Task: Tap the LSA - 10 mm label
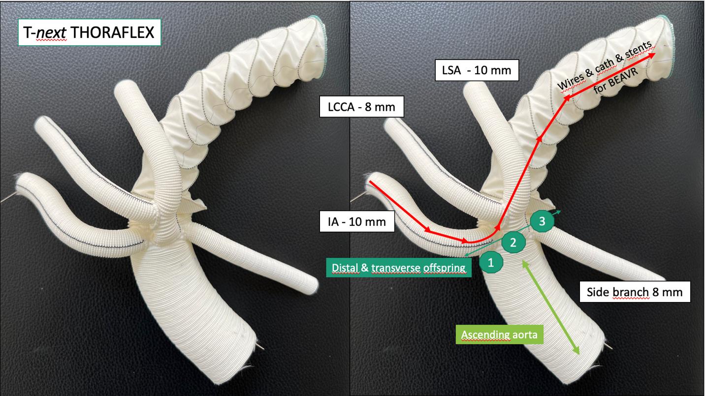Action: (477, 70)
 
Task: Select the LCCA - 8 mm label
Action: (362, 107)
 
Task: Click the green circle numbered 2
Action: (513, 242)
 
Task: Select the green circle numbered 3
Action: (542, 222)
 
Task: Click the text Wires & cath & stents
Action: (604, 65)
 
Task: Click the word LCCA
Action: (345, 107)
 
